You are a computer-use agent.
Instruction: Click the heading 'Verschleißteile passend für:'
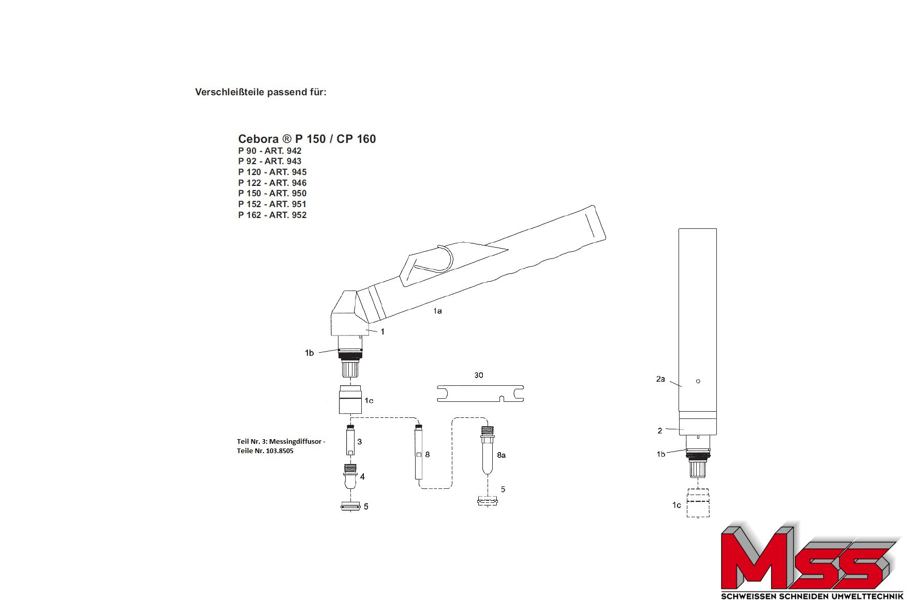[260, 92]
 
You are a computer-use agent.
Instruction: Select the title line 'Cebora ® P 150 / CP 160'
[307, 139]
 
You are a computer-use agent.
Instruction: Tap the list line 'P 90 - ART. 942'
[270, 151]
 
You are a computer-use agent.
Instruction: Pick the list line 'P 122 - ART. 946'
[272, 183]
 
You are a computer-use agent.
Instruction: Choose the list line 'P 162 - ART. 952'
[272, 215]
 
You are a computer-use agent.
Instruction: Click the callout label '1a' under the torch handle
[437, 311]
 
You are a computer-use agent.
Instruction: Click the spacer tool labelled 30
[480, 393]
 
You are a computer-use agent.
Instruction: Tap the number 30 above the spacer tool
[479, 375]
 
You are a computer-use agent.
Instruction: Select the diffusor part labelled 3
[350, 440]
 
